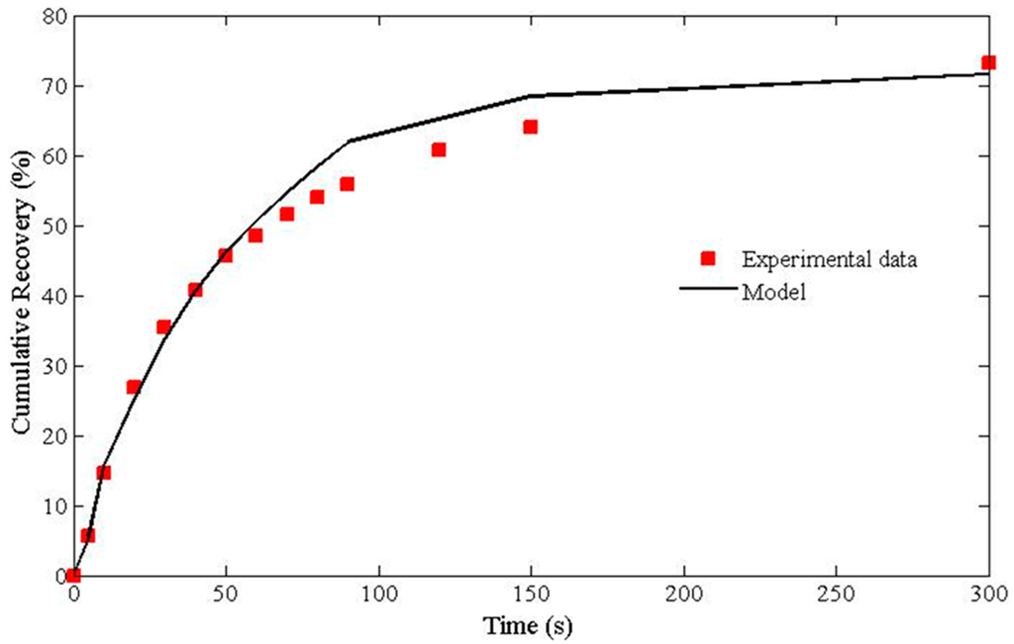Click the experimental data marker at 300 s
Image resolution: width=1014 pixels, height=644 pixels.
point(988,62)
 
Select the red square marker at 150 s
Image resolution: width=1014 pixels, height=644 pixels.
point(530,127)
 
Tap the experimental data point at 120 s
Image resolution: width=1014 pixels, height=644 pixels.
point(439,149)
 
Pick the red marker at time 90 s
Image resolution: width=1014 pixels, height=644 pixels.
point(347,184)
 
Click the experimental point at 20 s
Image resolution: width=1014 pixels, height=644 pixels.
point(134,387)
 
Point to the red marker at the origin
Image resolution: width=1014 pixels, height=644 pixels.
point(73,575)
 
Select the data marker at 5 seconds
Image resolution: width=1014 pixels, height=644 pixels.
point(88,535)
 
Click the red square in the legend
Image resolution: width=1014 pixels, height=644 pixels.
point(707,259)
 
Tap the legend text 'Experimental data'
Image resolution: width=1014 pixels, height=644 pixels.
point(829,260)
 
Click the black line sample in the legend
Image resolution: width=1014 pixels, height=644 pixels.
point(707,290)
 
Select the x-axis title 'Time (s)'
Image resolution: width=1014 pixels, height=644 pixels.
point(528,626)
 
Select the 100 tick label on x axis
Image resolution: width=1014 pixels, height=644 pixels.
point(378,596)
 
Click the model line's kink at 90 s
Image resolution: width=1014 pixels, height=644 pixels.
point(350,140)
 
